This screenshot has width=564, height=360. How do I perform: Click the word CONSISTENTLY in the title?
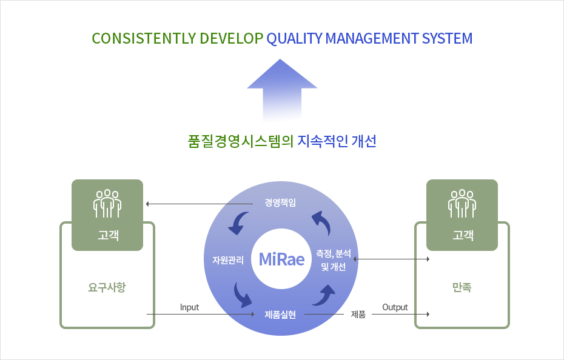tap(144, 38)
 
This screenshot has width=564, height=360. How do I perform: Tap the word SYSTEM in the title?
tap(447, 38)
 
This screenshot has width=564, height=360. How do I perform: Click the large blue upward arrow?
tap(282, 90)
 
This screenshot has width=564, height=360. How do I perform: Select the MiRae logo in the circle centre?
tap(281, 259)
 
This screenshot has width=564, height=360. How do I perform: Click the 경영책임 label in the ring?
tap(280, 202)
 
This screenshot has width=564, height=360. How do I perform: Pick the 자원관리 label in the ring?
tap(228, 259)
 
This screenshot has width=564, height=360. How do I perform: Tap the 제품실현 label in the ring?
tap(280, 315)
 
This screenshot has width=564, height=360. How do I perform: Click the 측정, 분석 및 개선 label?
tap(334, 260)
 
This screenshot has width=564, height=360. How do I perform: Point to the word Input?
tap(189, 307)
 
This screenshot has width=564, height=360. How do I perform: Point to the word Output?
tap(395, 307)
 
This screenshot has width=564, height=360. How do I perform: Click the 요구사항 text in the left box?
tap(107, 287)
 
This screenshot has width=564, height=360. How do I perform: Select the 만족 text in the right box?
tap(462, 287)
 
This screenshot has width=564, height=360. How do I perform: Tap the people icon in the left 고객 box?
tap(107, 204)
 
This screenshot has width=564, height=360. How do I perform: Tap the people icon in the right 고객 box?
tap(462, 204)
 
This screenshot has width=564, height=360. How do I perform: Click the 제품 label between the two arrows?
tap(358, 315)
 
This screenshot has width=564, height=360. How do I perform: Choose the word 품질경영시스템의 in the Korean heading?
tap(241, 141)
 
